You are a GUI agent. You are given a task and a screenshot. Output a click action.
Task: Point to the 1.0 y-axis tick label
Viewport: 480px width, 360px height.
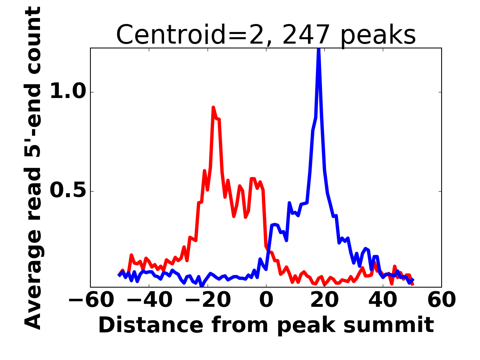(68, 92)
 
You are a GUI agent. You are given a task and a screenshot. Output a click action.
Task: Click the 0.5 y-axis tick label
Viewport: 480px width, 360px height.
(68, 191)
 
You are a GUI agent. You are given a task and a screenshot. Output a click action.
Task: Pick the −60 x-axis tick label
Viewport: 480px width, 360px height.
(90, 300)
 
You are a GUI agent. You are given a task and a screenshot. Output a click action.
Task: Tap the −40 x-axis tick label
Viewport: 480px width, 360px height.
(149, 300)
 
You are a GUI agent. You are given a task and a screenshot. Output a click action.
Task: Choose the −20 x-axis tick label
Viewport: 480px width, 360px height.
(207, 300)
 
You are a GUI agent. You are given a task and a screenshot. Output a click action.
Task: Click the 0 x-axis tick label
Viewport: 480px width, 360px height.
(266, 300)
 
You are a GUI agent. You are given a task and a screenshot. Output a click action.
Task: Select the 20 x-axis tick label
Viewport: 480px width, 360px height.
(324, 300)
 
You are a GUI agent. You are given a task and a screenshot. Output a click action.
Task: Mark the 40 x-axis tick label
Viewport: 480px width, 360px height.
(383, 300)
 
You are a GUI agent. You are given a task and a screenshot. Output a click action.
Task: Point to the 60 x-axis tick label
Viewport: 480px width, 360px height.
(441, 300)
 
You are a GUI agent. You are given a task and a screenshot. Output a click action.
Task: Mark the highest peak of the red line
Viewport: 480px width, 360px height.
(213, 107)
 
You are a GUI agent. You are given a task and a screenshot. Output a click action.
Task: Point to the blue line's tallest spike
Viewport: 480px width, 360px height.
(319, 50)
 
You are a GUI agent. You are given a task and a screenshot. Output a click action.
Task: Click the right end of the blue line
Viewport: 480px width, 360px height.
(413, 280)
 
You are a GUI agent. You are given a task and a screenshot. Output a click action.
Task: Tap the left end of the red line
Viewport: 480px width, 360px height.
(119, 275)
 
